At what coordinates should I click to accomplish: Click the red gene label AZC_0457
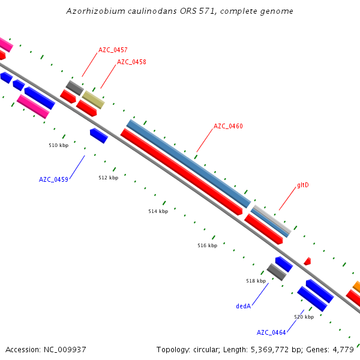tap(113, 50)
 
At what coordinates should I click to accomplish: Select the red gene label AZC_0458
tap(131, 62)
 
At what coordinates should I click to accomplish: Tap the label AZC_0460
tap(228, 126)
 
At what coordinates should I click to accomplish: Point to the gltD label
tap(303, 185)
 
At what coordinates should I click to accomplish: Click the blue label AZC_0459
tap(53, 179)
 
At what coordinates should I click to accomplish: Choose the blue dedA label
tap(243, 306)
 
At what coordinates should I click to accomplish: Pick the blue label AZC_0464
tap(271, 332)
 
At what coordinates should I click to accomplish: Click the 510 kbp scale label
tap(58, 145)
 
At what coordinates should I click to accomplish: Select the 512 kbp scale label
tap(109, 178)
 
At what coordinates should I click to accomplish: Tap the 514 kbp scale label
tap(158, 211)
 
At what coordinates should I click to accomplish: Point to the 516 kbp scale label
tap(208, 245)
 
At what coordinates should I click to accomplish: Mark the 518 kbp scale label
tap(256, 281)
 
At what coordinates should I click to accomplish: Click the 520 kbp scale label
tap(304, 317)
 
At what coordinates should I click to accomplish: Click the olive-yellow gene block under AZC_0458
tap(94, 100)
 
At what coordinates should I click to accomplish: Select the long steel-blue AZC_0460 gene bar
tap(188, 163)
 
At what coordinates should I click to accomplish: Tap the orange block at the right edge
tap(356, 286)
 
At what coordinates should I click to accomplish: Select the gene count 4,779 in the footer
tap(346, 349)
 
